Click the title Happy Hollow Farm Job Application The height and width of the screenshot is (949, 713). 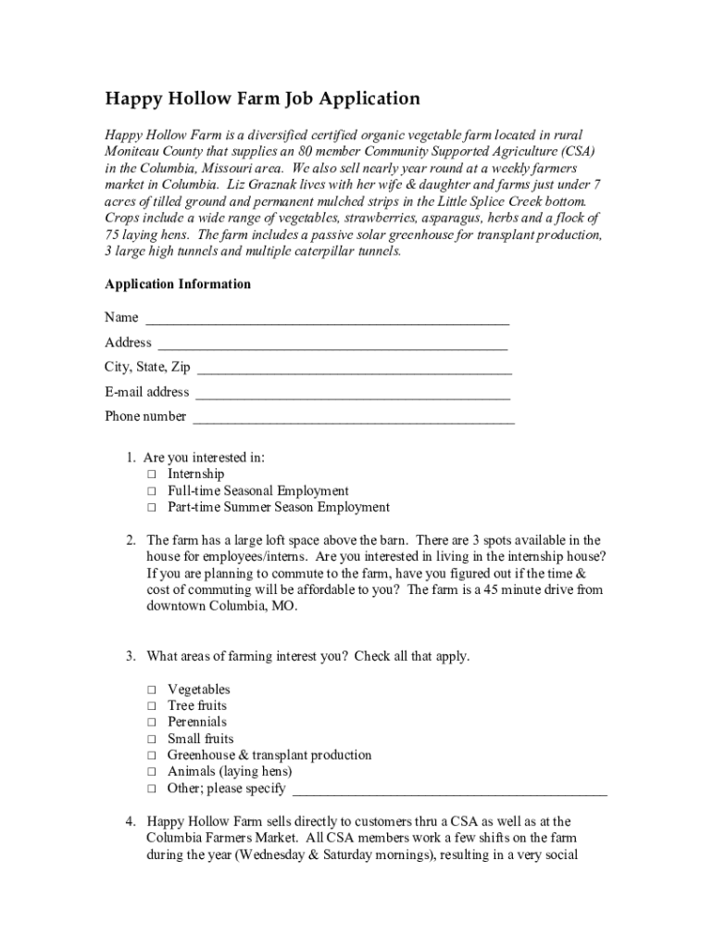click(262, 98)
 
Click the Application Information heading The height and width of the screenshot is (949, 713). click(178, 285)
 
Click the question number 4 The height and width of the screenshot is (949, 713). click(131, 822)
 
